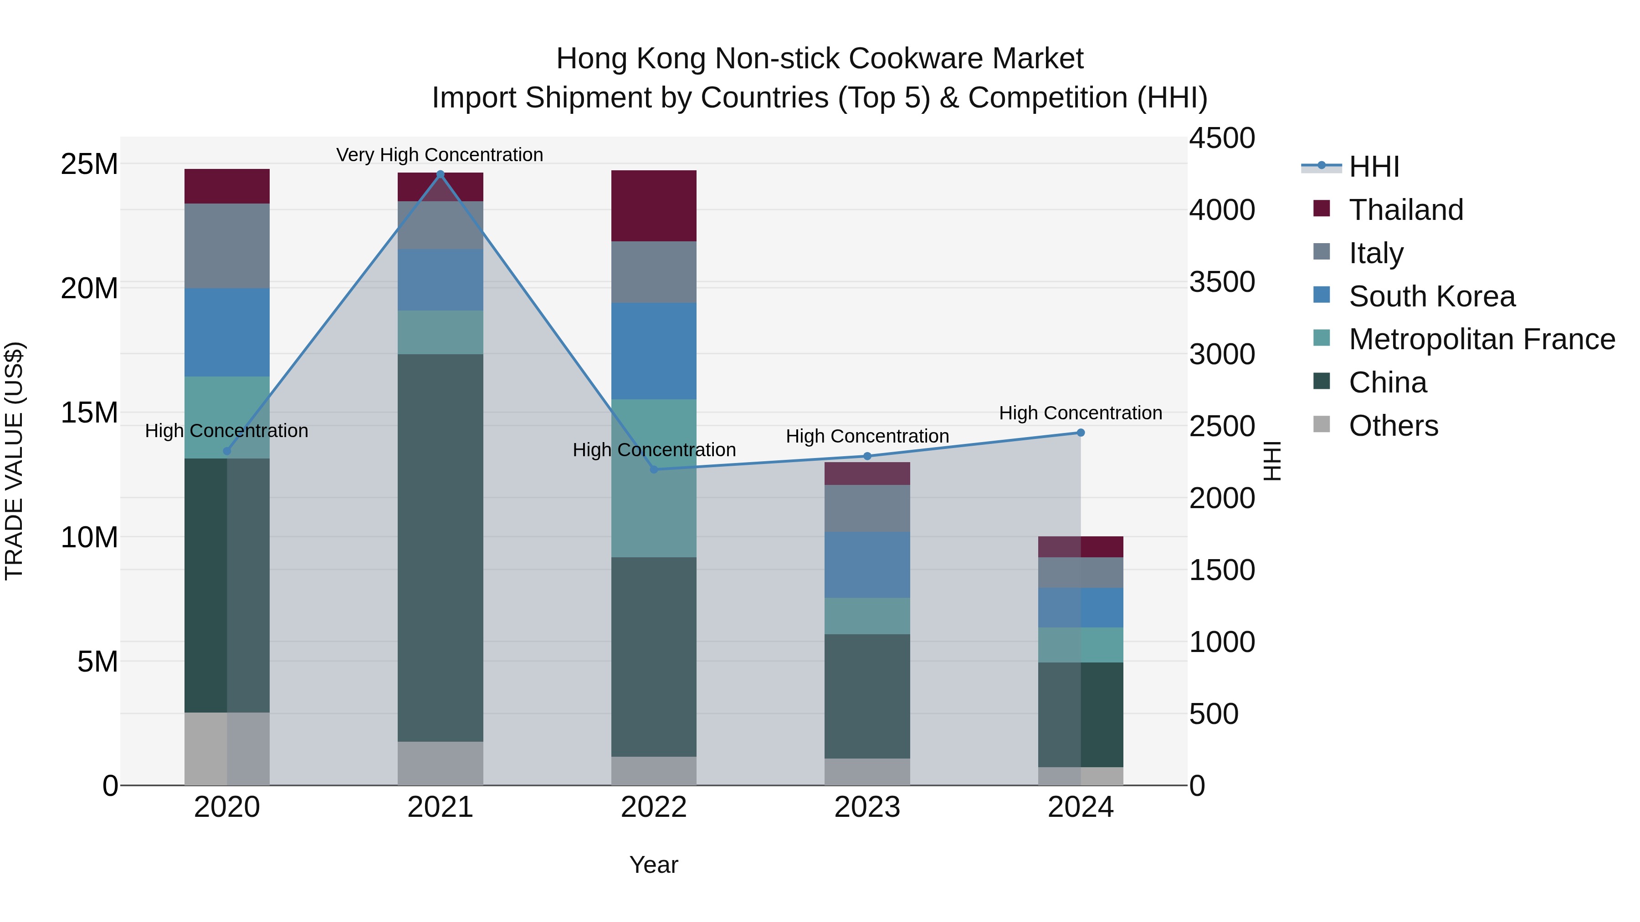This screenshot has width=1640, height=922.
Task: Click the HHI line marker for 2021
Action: (x=440, y=174)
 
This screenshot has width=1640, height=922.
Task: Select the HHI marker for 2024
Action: (x=1081, y=433)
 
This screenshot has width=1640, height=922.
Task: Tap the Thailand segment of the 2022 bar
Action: (x=654, y=205)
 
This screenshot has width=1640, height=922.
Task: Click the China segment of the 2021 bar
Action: (x=440, y=547)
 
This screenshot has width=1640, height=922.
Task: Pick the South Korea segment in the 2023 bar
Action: (x=867, y=565)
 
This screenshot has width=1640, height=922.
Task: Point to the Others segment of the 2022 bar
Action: (x=654, y=770)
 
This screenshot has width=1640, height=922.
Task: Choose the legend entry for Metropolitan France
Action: (x=1481, y=339)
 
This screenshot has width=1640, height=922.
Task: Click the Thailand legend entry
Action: (x=1406, y=210)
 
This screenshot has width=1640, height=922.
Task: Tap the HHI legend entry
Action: (x=1374, y=167)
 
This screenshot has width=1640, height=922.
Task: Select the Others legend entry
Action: (x=1393, y=426)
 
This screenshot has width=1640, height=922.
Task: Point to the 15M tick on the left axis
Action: (x=89, y=413)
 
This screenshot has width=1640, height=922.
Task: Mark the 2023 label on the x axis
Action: (x=867, y=807)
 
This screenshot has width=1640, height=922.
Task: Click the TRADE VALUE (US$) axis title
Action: (x=14, y=461)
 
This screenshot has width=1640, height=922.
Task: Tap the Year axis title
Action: (x=653, y=865)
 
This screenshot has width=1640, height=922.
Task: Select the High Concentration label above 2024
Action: (x=1081, y=413)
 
